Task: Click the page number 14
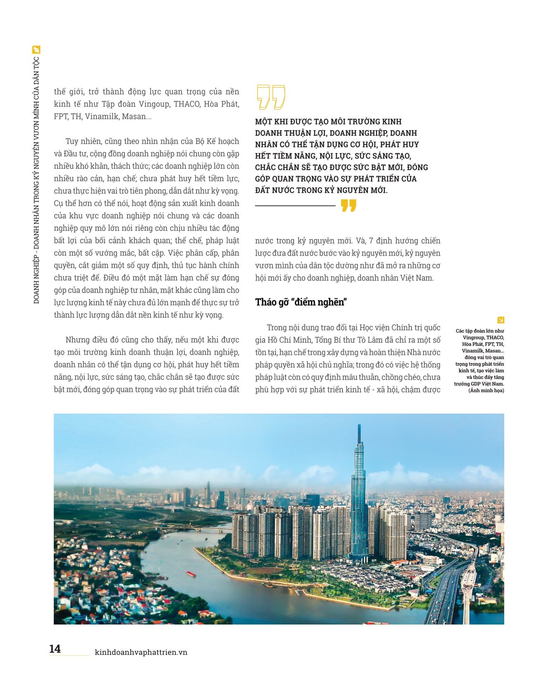coord(55,649)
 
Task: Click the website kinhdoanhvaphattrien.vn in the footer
coord(141,652)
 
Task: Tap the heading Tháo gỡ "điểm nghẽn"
coord(301,302)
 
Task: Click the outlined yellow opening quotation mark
coord(271,97)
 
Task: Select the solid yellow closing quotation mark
coord(349,205)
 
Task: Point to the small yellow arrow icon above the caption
coord(500,320)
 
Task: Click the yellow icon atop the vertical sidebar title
coord(36,50)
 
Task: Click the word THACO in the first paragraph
coord(187,104)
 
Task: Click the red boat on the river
coord(191,574)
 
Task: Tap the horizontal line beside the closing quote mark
coord(295,205)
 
